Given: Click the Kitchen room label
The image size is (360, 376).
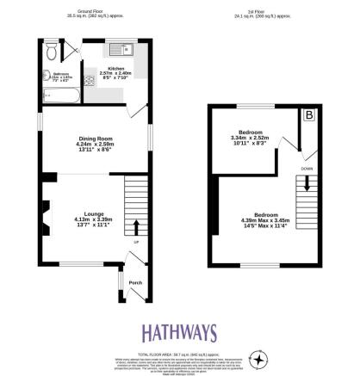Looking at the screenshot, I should click(x=116, y=67).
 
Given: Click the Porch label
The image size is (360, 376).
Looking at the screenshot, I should click(x=134, y=282).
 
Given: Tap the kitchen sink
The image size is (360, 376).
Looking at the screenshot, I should click(x=116, y=48).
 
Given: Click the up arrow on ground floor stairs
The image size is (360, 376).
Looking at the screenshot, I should click(x=135, y=226).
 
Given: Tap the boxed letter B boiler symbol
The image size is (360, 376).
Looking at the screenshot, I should click(x=308, y=114).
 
